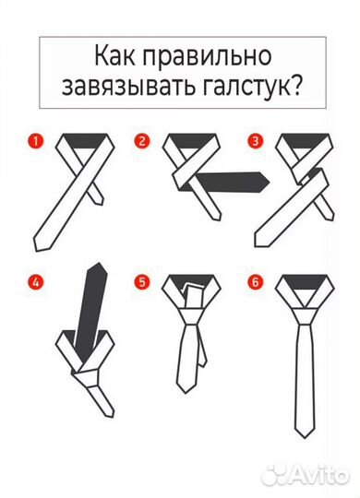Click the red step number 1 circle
coord(35,141)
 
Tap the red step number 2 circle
coord(142,141)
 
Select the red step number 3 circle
coord(252,141)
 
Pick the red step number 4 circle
coord(35,283)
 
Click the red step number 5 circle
coord(142,283)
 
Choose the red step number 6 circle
coord(252,283)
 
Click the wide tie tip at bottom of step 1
coord(42,242)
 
